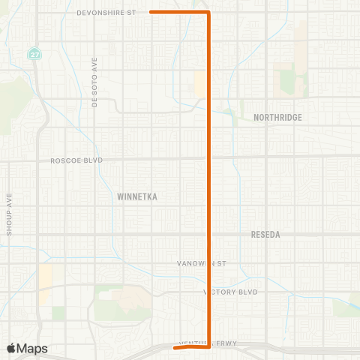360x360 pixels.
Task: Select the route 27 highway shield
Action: (x=34, y=54)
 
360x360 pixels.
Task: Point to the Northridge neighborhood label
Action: (x=277, y=118)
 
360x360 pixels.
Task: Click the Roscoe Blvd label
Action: (x=76, y=160)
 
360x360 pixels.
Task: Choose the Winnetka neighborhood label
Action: (x=136, y=196)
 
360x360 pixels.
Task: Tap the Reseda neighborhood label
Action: (x=265, y=235)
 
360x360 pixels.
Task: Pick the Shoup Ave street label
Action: (x=10, y=214)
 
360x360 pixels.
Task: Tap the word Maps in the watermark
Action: (x=33, y=348)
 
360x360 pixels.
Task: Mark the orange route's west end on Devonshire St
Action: (x=151, y=12)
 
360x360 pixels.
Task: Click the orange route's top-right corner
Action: (x=208, y=12)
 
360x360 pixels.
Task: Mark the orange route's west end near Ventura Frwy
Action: (x=174, y=348)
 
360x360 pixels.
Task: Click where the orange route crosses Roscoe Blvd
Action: (x=208, y=158)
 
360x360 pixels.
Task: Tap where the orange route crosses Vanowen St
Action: (x=208, y=263)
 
